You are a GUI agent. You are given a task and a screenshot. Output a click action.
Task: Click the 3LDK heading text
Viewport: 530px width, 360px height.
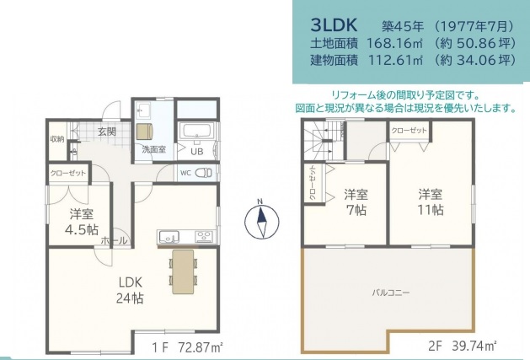click(334, 25)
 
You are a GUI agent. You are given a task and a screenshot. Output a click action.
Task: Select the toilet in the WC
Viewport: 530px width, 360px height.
click(204, 173)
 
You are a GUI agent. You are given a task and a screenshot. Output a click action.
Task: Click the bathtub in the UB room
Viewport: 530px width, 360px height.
click(196, 131)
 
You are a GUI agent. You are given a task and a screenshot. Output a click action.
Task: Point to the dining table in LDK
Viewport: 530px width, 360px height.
click(183, 271)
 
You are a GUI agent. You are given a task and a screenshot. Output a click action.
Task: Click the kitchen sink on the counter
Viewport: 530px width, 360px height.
click(169, 237)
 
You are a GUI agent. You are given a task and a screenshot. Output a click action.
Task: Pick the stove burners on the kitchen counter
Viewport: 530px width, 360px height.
click(204, 236)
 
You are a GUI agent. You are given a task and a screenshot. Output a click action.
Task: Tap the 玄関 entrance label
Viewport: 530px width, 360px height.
click(107, 132)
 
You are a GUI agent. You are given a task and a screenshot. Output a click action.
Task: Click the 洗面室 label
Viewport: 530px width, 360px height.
click(154, 149)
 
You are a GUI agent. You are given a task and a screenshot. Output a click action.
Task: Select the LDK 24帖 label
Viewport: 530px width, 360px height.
click(130, 290)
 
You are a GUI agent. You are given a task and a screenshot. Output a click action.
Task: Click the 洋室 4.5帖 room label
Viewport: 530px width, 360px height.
click(82, 222)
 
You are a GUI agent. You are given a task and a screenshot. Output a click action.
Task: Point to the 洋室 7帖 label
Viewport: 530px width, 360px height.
click(356, 202)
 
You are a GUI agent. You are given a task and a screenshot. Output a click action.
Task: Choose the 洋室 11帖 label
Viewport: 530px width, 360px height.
click(431, 202)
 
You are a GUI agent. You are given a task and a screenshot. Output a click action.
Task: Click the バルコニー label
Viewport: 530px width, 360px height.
click(391, 292)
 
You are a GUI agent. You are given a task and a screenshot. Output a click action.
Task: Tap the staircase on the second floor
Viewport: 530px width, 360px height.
click(324, 141)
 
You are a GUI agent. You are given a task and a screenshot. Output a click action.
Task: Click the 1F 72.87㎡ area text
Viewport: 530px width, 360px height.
click(187, 347)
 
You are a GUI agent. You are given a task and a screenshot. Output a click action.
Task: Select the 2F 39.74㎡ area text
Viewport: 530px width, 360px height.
click(463, 346)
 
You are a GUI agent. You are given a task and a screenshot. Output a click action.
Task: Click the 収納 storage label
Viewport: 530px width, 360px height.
click(57, 139)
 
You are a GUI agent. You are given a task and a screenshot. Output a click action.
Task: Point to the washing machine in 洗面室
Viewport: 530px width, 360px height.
click(144, 132)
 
